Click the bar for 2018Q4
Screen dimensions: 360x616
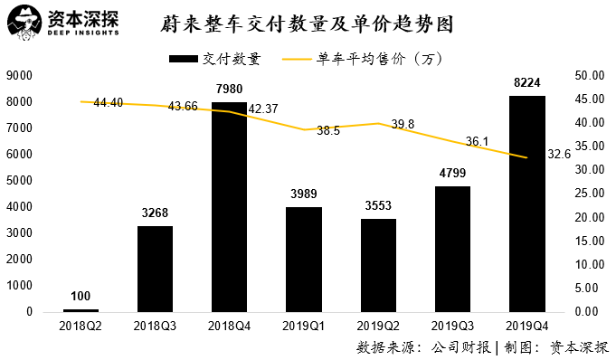pos(229,207)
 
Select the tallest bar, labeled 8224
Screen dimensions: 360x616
pos(527,204)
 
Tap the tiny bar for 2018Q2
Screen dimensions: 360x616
pos(81,310)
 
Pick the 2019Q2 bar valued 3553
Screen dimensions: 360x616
pos(378,265)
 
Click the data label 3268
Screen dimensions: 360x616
pos(155,213)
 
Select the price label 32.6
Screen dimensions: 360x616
pos(559,155)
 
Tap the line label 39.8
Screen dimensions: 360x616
pos(403,124)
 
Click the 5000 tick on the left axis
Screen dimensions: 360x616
pos(20,181)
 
